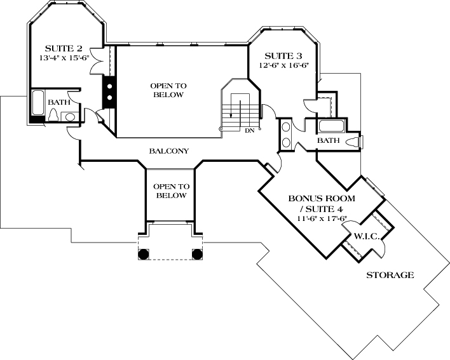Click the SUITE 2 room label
pyautogui.click(x=64, y=48)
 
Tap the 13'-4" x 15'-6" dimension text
pyautogui.click(x=64, y=58)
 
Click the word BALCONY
pyautogui.click(x=168, y=151)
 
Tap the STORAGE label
pyautogui.click(x=390, y=275)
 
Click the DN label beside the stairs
pyautogui.click(x=249, y=131)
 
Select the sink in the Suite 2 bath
pyautogui.click(x=70, y=116)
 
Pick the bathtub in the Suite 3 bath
pyautogui.click(x=331, y=125)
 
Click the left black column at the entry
pyautogui.click(x=144, y=254)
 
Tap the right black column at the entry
pyautogui.click(x=197, y=254)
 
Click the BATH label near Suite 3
pyautogui.click(x=329, y=140)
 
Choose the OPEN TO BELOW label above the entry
pyautogui.click(x=170, y=191)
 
